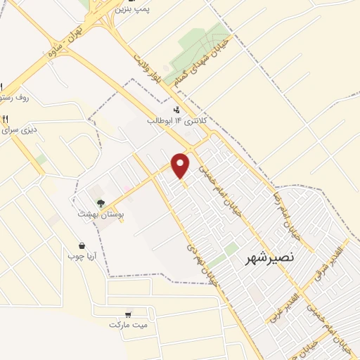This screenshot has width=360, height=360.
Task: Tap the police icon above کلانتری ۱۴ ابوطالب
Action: (x=176, y=109)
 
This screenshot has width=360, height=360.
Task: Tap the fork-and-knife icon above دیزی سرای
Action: (x=6, y=118)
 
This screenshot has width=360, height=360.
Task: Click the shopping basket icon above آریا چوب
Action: (x=83, y=245)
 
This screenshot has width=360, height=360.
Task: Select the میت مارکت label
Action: (x=127, y=325)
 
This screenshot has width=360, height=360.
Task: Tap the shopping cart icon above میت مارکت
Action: (x=127, y=314)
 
